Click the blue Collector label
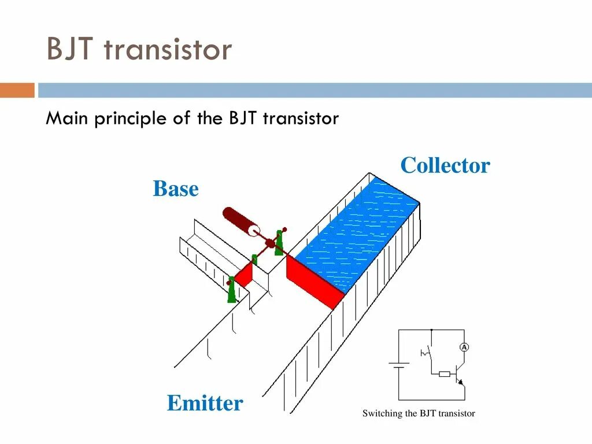tap(445, 165)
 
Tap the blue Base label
tap(175, 189)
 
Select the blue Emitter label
tap(205, 403)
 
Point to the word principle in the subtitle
tap(131, 119)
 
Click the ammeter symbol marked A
tap(464, 347)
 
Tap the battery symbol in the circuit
tap(398, 365)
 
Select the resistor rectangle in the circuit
tap(444, 375)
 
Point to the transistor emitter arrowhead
tap(461, 382)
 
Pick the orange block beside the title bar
tap(17, 90)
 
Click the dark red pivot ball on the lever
tap(269, 243)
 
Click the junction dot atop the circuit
tap(431, 330)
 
